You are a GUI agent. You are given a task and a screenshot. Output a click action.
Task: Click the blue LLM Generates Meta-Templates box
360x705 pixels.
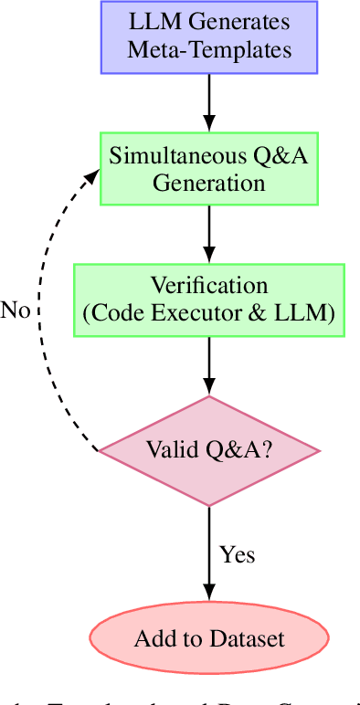[x=209, y=37]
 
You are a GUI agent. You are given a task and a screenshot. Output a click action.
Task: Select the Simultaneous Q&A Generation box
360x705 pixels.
[x=209, y=168]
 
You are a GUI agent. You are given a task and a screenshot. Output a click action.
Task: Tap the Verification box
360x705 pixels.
[x=209, y=300]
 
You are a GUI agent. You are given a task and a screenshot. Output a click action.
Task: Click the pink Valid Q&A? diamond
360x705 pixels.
[x=209, y=450]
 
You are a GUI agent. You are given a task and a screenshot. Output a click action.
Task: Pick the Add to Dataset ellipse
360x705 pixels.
[x=209, y=638]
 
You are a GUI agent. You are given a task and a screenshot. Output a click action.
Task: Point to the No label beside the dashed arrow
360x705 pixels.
[x=16, y=310]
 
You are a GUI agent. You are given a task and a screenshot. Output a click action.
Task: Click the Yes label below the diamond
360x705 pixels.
[x=237, y=554]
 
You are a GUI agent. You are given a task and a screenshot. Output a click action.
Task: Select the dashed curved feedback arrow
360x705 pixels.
[x=41, y=310]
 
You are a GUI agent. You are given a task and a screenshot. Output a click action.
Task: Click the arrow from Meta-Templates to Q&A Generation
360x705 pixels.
[x=209, y=102]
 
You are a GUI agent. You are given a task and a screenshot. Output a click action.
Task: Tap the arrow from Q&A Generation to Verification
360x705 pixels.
[x=209, y=234]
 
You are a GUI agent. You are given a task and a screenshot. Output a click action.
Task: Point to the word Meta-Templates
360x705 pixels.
[x=209, y=49]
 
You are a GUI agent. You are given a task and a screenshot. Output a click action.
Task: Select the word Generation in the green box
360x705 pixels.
[x=209, y=182]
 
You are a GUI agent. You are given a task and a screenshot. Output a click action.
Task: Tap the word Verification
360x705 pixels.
[x=209, y=286]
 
